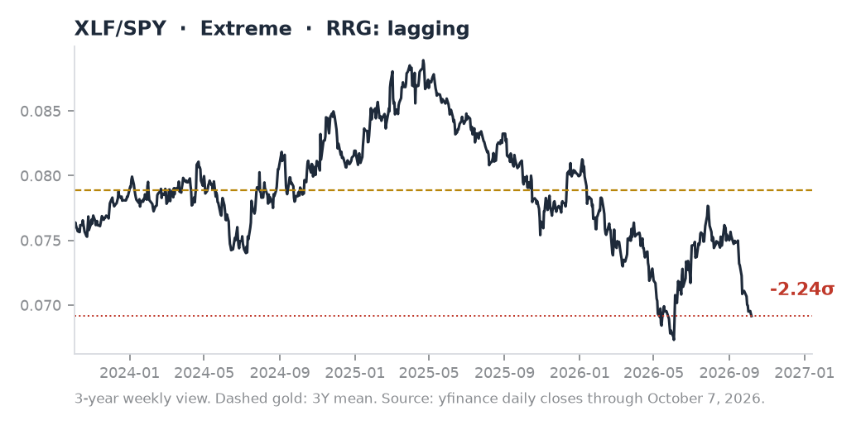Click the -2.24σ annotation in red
(801, 289)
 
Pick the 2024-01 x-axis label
(130, 373)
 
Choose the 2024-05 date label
(204, 373)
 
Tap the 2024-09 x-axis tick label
(280, 373)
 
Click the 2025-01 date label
(354, 373)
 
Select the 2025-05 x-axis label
(429, 373)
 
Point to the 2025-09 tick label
(505, 373)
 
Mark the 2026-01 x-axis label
(580, 373)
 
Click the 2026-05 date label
(654, 373)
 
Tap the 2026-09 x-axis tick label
(729, 373)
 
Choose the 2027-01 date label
(805, 373)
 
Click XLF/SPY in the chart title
(120, 28)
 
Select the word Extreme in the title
(245, 28)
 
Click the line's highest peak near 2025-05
(423, 60)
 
